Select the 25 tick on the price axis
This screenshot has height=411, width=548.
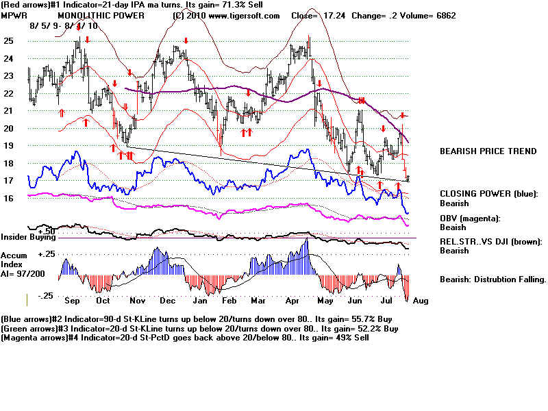tap(8, 41)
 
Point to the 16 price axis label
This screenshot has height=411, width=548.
tap(8, 198)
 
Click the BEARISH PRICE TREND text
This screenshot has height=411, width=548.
tap(488, 151)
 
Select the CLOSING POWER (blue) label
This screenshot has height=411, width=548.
tap(488, 193)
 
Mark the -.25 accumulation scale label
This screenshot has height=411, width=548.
tap(45, 296)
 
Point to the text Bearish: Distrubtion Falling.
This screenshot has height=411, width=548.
tap(493, 279)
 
